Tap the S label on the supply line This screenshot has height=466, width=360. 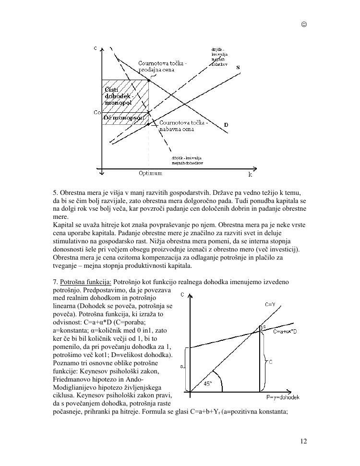coord(238,68)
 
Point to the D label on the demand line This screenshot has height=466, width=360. coord(226,125)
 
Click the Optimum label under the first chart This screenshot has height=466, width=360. coord(150,173)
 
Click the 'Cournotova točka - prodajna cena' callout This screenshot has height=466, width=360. coord(162,67)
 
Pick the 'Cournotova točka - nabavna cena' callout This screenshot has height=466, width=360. coord(184,126)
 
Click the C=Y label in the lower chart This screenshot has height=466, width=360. coord(270,304)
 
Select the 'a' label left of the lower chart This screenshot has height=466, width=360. coord(181,367)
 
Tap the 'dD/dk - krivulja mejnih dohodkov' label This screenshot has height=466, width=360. coord(188,160)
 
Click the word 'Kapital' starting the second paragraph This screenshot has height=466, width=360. coord(63,225)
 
